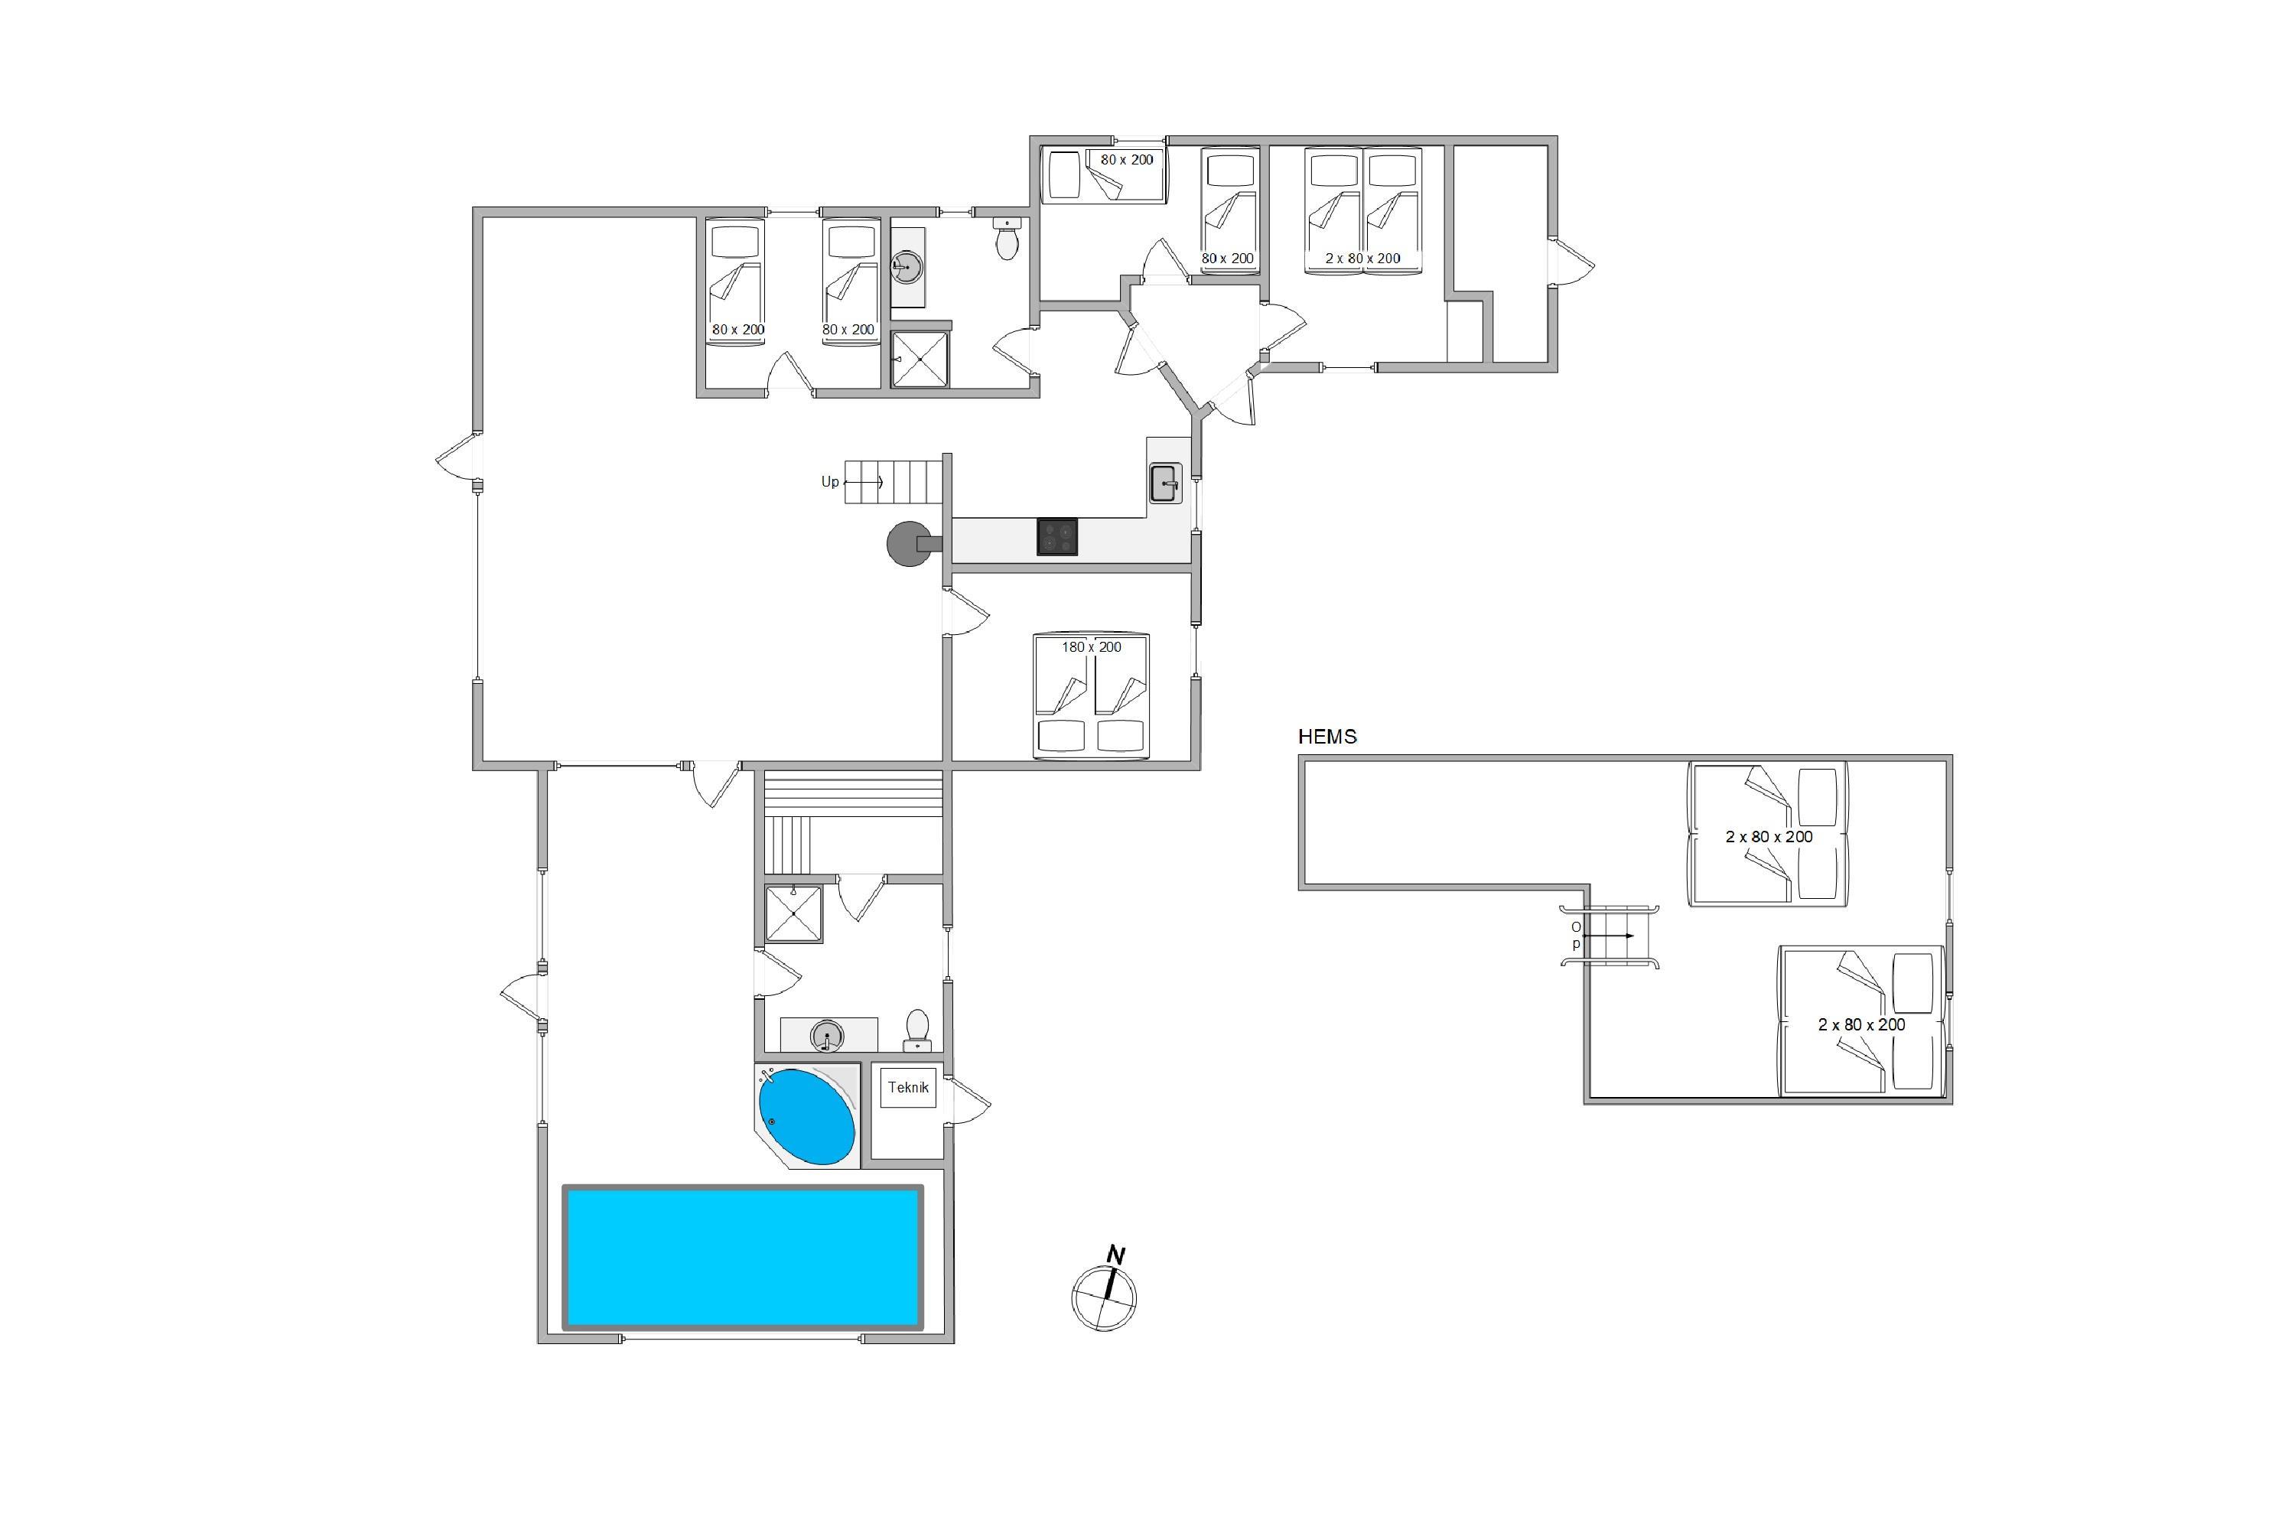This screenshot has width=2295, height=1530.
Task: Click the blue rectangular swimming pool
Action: [x=743, y=1257]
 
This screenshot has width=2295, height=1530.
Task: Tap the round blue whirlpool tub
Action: [x=807, y=1117]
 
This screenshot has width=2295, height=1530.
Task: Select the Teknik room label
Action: [x=907, y=1087]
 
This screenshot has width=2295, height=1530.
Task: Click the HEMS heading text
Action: [x=1327, y=737]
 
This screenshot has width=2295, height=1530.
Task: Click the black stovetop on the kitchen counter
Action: [x=1056, y=538]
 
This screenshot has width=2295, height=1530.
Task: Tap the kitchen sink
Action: [x=1165, y=482]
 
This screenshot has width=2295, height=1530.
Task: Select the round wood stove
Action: [x=907, y=543]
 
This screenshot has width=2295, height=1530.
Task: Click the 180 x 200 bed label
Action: [x=1091, y=647]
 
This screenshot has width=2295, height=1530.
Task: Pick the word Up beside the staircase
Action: [x=829, y=482]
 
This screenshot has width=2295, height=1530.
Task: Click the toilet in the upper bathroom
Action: [x=1007, y=238]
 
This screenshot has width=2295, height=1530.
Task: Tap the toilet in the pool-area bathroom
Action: [x=917, y=1030]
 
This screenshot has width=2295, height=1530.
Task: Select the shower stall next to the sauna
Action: [x=793, y=914]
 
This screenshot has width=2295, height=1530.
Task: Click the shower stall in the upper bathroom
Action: [x=920, y=359]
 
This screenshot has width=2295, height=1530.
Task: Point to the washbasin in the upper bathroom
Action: [x=907, y=265]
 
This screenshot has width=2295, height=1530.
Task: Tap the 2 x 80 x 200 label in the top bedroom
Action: [x=1362, y=259]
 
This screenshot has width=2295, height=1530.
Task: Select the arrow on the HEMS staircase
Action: [x=1607, y=936]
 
